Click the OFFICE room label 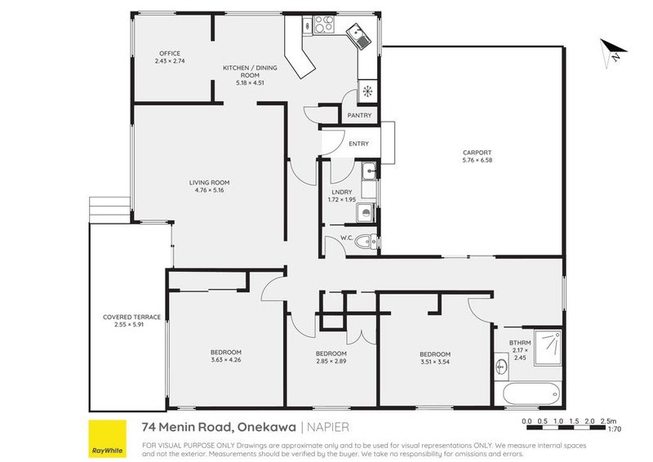click(170, 53)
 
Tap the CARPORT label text click(477, 153)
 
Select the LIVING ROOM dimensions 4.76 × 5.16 click(209, 190)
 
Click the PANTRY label click(359, 115)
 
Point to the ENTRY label click(358, 144)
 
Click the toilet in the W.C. click(369, 241)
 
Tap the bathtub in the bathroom click(531, 393)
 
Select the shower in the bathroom click(548, 348)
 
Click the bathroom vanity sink click(501, 367)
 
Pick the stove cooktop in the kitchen click(323, 24)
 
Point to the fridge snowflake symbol click(367, 91)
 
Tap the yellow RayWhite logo click(108, 438)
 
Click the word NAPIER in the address click(331, 427)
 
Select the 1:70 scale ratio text click(615, 429)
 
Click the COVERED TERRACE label click(131, 317)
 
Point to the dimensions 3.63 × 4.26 click(226, 360)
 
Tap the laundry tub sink click(369, 171)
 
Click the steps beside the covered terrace click(109, 211)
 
